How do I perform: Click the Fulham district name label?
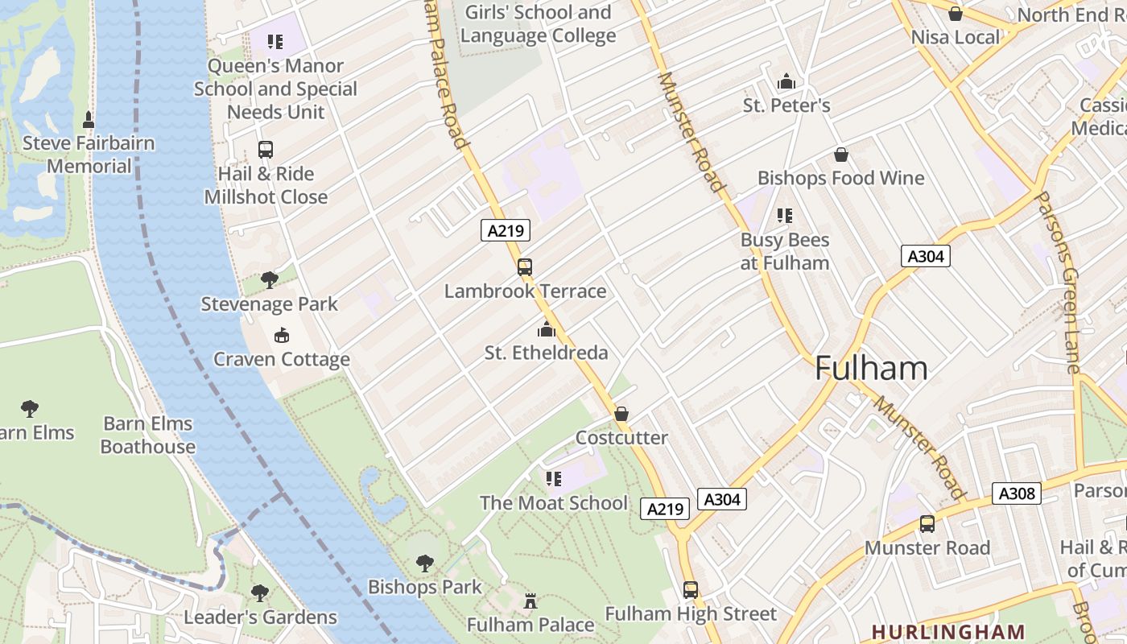point(871,369)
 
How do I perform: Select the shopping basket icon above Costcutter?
point(621,414)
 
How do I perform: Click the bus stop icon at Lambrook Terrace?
point(525,266)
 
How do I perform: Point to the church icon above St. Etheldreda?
point(547,329)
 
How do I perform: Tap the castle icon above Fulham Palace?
point(530,601)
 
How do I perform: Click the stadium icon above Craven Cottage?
point(282,336)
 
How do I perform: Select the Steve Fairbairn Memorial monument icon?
point(89,120)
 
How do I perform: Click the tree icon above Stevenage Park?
point(270,280)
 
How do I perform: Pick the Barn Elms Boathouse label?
point(147,436)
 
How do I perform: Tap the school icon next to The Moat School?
point(553,479)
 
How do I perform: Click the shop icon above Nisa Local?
point(956,14)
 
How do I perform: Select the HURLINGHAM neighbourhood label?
point(948,632)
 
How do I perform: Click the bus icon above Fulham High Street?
point(691,590)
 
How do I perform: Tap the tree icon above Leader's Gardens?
point(260,593)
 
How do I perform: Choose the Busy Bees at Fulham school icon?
point(785,216)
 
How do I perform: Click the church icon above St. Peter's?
point(786,81)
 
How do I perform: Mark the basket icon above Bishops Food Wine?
point(841,155)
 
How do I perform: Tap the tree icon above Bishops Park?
point(425,563)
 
